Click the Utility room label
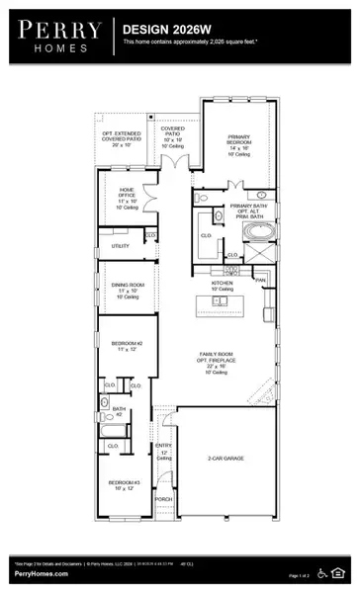coord(121,245)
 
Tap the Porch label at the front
coord(164,500)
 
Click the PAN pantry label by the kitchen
coord(261,281)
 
